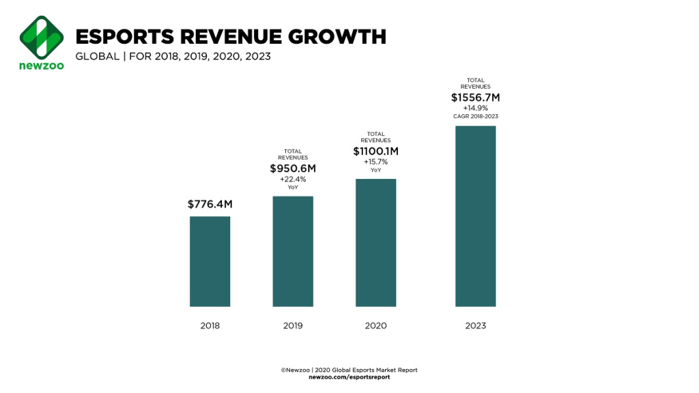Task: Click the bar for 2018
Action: point(210,261)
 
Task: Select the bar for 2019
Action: point(293,251)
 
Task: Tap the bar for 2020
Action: point(375,243)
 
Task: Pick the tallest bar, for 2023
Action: point(475,216)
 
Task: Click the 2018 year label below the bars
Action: point(210,326)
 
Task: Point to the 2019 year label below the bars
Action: point(293,326)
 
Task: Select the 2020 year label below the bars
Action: point(375,326)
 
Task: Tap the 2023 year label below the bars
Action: point(475,326)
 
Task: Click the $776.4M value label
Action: point(210,204)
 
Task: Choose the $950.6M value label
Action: point(293,168)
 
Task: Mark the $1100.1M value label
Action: point(375,150)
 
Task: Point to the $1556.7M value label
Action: point(475,98)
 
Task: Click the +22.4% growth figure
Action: point(293,179)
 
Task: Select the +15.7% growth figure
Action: point(375,161)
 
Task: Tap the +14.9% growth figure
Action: point(475,108)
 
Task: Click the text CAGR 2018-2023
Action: point(475,116)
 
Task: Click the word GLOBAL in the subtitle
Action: point(96,56)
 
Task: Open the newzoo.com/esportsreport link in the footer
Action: point(349,377)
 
